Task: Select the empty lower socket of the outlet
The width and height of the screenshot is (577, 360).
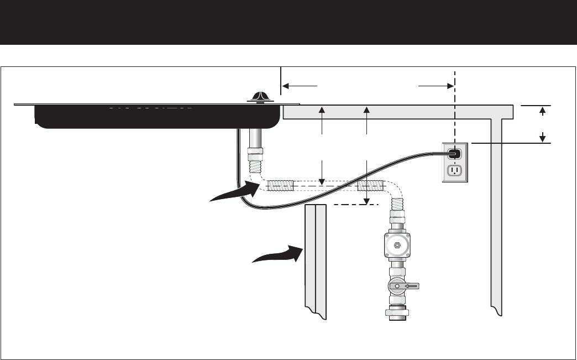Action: tap(455, 170)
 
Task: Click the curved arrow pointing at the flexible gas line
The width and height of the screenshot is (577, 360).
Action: tap(235, 192)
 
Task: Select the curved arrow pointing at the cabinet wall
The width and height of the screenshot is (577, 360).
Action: tap(276, 256)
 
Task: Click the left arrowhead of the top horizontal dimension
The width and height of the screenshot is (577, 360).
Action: tap(286, 86)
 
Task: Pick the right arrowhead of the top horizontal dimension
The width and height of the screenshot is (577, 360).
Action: tap(448, 86)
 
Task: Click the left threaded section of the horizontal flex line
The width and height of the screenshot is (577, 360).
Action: tap(281, 185)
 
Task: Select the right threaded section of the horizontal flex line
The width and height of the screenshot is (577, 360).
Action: tap(370, 185)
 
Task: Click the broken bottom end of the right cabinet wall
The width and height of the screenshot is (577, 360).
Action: tap(497, 310)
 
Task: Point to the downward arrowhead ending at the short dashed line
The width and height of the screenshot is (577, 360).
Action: tap(366, 200)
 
